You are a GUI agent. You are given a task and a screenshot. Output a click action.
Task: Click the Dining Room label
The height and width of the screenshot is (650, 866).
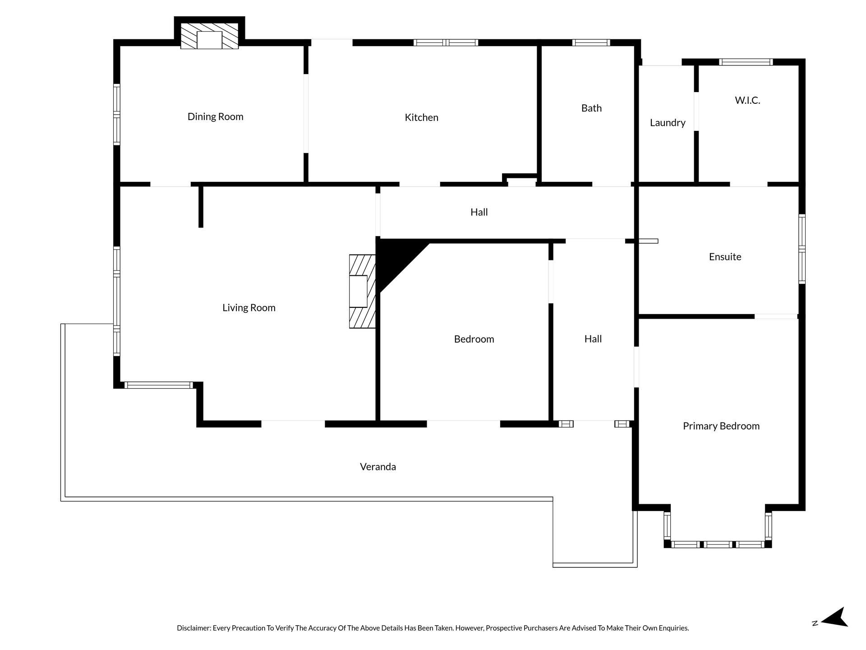click(x=215, y=116)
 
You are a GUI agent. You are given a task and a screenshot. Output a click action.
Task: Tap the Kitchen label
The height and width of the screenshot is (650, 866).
click(x=421, y=117)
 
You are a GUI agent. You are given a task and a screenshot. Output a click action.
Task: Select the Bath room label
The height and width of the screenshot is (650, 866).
click(x=591, y=108)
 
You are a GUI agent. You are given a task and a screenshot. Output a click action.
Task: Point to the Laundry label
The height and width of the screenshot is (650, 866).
click(x=668, y=123)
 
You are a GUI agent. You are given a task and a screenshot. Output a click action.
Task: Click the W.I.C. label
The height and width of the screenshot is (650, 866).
click(x=747, y=100)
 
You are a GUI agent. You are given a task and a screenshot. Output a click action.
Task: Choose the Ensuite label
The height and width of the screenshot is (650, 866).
click(x=725, y=257)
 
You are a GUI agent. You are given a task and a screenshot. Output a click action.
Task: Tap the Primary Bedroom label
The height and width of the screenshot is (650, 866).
click(x=721, y=426)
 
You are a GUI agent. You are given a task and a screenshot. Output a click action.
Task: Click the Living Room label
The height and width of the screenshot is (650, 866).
click(x=249, y=308)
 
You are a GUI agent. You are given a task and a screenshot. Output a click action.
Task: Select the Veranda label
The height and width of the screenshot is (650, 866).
click(x=378, y=467)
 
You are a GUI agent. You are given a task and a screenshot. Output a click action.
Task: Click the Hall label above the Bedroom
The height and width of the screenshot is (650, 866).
click(x=479, y=212)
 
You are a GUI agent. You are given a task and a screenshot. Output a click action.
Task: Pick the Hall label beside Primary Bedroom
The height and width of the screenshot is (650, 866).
click(x=593, y=339)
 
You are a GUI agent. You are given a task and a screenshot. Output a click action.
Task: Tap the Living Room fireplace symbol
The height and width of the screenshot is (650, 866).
click(x=362, y=291)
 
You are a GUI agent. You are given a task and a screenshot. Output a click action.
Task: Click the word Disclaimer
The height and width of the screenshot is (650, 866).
click(x=193, y=628)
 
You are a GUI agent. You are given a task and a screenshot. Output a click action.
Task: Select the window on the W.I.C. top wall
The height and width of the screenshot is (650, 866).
click(x=746, y=62)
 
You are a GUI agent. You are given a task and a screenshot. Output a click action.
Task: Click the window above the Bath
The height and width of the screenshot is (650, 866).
click(x=591, y=43)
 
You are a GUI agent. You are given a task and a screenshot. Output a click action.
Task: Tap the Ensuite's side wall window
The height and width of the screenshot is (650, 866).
click(x=802, y=249)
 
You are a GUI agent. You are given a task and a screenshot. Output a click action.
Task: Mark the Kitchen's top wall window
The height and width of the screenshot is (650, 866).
click(x=446, y=43)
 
